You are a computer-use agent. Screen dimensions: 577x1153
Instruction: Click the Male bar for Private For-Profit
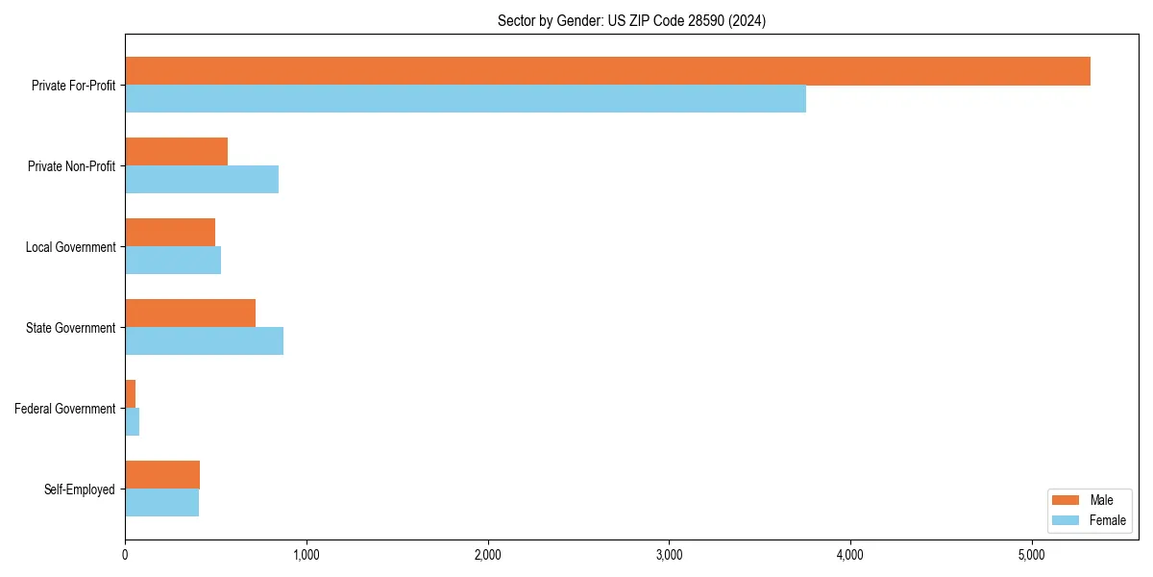point(607,71)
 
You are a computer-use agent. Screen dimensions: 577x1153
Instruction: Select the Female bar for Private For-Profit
point(465,99)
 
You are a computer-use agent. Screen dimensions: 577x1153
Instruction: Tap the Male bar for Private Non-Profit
point(176,152)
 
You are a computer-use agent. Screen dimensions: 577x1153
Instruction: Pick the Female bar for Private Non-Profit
point(202,180)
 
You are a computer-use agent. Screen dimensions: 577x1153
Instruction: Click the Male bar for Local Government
point(170,233)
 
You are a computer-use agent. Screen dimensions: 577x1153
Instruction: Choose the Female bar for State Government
point(204,341)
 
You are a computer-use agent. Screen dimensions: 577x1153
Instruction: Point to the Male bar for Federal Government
point(131,394)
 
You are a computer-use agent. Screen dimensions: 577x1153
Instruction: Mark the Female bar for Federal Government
point(133,422)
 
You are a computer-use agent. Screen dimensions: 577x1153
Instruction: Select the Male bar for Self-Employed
point(162,475)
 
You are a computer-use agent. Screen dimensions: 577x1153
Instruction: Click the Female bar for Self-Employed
point(161,503)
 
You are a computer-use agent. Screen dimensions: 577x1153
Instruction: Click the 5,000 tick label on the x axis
point(1031,555)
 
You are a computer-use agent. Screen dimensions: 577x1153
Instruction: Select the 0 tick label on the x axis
point(125,555)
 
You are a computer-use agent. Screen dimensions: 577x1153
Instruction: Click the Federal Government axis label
point(65,409)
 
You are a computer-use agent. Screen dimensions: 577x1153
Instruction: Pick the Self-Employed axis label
point(80,489)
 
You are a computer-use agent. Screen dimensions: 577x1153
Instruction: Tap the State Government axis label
point(70,328)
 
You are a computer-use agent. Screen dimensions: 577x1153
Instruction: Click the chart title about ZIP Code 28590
point(631,21)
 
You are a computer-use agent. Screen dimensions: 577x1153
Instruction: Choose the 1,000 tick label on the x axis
point(307,555)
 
